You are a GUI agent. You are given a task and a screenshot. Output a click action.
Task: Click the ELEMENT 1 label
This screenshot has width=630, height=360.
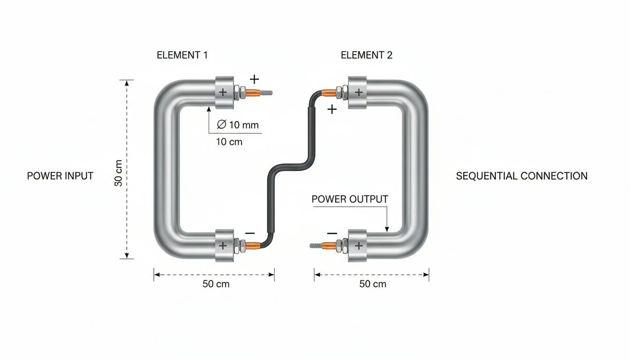point(182,55)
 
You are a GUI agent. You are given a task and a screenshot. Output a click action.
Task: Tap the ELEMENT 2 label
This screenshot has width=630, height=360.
point(367,55)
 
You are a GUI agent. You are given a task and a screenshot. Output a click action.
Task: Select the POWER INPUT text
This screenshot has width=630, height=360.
point(60,176)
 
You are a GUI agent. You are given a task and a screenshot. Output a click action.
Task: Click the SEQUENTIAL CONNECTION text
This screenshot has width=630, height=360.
point(522,176)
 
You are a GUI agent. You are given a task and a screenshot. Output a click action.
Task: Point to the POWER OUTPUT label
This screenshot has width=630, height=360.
point(350,199)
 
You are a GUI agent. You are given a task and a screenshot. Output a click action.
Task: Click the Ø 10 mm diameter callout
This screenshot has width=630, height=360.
point(238,125)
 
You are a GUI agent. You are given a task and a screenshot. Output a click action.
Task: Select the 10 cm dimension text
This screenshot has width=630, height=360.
point(229,142)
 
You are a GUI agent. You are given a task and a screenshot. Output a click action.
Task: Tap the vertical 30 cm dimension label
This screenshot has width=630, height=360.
point(119,173)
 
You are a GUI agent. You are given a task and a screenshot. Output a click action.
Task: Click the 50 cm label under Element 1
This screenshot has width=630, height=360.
point(216,284)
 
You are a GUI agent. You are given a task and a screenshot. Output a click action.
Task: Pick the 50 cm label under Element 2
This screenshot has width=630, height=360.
point(373,284)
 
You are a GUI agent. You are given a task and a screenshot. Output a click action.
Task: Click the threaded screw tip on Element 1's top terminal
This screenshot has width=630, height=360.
point(266,93)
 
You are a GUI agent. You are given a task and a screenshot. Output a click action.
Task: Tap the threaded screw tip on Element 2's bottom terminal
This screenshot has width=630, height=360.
point(315,246)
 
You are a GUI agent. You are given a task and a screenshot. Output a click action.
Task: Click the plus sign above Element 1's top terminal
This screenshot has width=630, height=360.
point(254,79)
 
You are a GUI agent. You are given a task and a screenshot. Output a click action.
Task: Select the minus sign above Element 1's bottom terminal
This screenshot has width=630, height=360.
point(250,233)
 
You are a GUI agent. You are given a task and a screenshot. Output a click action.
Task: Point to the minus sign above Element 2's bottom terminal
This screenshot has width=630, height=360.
point(332,233)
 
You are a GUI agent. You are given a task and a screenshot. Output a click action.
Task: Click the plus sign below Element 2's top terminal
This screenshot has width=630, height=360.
point(332,109)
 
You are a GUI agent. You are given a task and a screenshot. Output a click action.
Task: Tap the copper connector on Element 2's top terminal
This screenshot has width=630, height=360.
point(329,93)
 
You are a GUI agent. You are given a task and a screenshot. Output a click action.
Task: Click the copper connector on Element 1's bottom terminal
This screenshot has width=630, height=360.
point(253,246)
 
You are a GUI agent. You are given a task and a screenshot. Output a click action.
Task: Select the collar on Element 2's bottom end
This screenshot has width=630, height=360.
point(358,246)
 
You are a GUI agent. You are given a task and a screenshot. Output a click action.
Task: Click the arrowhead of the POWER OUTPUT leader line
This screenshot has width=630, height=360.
point(387,229)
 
